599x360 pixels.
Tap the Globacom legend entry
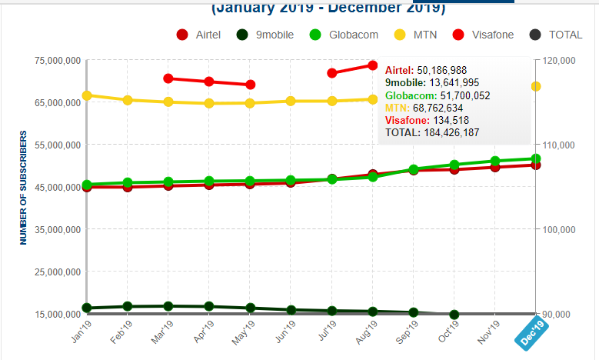pos(345,35)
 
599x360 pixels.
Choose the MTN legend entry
pos(425,35)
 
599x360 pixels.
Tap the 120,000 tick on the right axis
pos(557,61)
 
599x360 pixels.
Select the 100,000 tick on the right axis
pos(557,229)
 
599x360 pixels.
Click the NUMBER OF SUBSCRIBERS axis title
pos(24,187)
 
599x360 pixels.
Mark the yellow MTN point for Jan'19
pos(87,95)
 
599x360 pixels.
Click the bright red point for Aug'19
pos(373,65)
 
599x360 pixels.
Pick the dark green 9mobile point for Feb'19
pos(128,306)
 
